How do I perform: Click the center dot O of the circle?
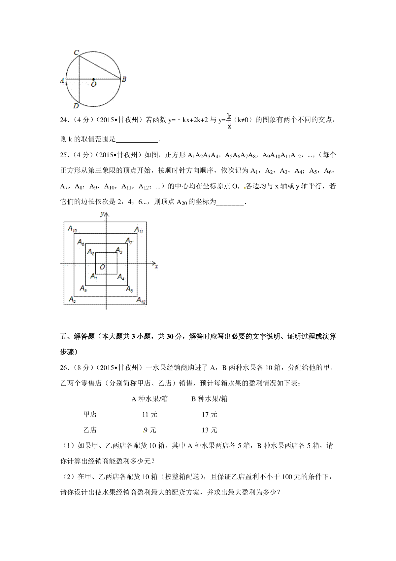(93, 79)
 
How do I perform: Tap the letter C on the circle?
(76, 53)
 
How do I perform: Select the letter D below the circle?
(76, 106)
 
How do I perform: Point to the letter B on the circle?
(124, 79)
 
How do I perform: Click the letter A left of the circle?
(62, 80)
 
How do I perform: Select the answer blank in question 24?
(137, 139)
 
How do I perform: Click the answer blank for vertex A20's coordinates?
(230, 202)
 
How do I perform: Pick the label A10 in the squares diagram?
(72, 229)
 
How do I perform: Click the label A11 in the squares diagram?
(139, 230)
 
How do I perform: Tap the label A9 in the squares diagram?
(72, 299)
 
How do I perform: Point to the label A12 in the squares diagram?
(141, 300)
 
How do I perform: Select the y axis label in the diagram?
(102, 214)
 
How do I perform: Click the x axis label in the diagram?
(156, 266)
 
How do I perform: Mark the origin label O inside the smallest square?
(102, 267)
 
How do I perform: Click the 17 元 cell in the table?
(210, 414)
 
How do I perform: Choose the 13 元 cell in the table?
(210, 430)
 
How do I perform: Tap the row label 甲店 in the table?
(90, 414)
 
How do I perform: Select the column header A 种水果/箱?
(149, 399)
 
